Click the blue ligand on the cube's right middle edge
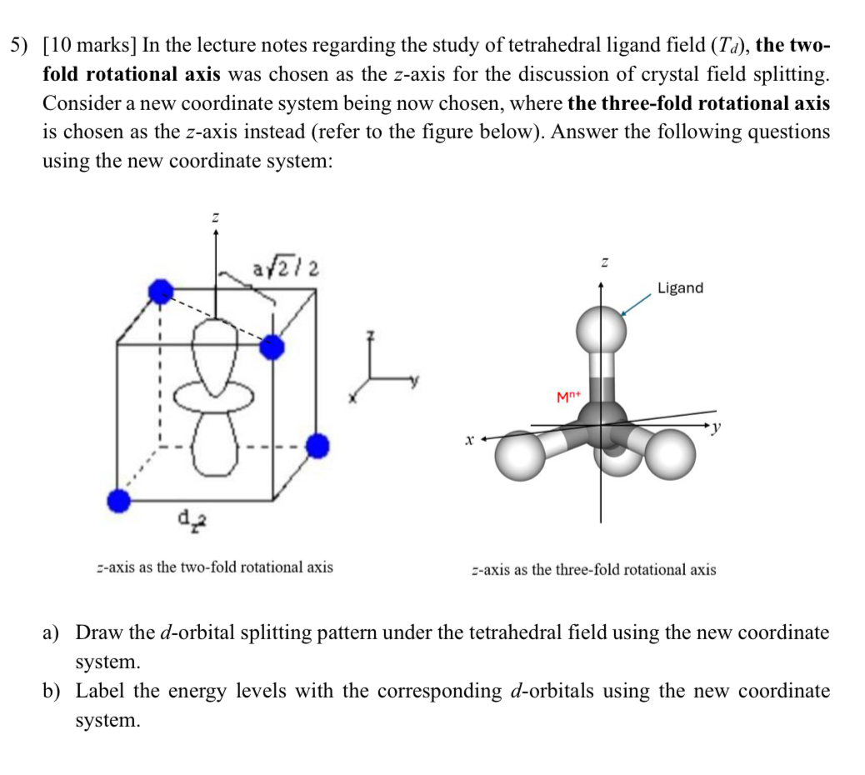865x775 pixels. (316, 447)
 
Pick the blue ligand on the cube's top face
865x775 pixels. (271, 347)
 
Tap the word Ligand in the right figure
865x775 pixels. (680, 288)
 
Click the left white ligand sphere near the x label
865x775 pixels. (519, 455)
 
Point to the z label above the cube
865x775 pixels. (216, 217)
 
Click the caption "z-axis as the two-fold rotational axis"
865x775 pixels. (214, 567)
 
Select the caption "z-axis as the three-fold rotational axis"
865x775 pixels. (592, 570)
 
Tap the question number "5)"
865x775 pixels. (21, 46)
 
